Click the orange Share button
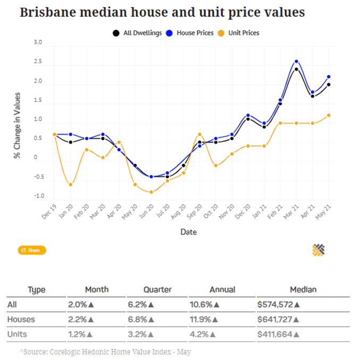click(x=32, y=250)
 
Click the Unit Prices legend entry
click(x=241, y=33)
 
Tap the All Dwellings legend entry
click(x=137, y=33)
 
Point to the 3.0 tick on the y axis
click(x=37, y=43)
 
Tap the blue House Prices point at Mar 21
click(x=296, y=62)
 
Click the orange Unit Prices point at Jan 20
click(x=71, y=184)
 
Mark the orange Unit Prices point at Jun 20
click(x=151, y=192)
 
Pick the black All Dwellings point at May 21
click(x=328, y=85)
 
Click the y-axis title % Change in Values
click(x=17, y=125)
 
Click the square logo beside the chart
click(x=319, y=250)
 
